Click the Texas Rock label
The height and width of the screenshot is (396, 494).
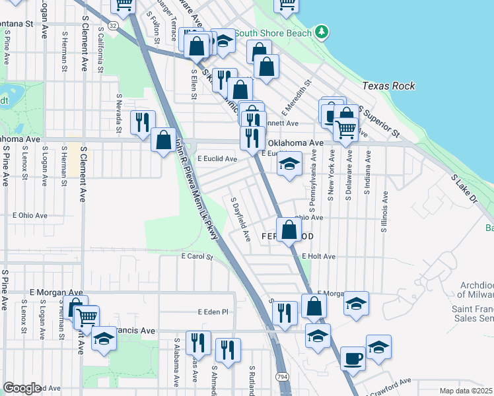click(388, 86)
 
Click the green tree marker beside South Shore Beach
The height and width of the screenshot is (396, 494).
click(321, 32)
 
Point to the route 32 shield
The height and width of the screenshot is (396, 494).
click(114, 25)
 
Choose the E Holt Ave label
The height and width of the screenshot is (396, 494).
click(319, 256)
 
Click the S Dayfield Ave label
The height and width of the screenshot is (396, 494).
click(240, 218)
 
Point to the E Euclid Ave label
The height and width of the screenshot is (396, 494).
click(217, 159)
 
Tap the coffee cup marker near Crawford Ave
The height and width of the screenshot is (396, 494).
click(352, 358)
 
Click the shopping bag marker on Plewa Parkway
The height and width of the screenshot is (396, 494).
click(163, 140)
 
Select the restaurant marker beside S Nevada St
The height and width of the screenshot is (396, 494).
click(142, 122)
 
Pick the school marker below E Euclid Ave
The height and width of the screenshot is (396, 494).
click(289, 165)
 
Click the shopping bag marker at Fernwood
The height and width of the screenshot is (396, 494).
click(289, 230)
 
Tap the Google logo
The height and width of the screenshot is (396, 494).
click(22, 388)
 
